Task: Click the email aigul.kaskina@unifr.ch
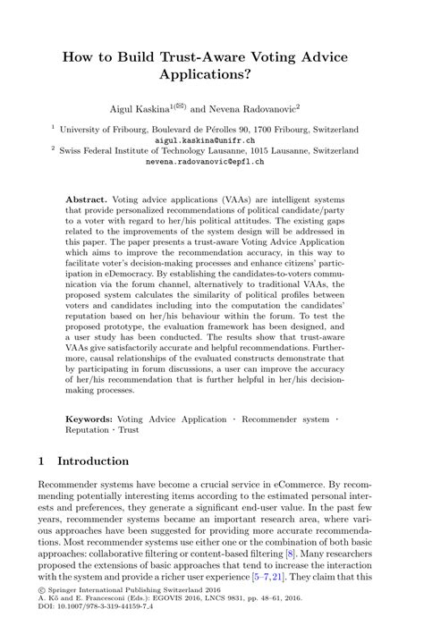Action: point(211,141)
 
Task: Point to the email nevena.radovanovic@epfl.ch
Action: point(211,164)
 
